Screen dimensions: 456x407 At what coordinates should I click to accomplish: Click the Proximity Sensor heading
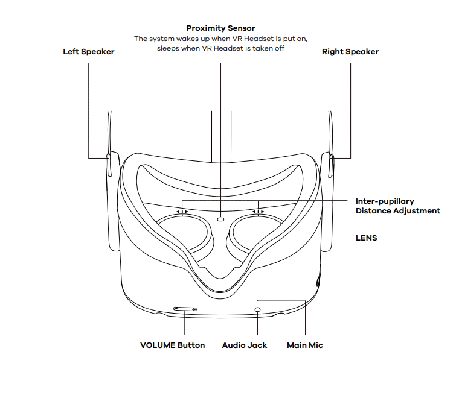click(x=220, y=28)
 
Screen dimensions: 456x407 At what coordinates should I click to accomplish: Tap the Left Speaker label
click(x=89, y=52)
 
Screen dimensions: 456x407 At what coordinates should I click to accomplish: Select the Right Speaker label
click(x=350, y=52)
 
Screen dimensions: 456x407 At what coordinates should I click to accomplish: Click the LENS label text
click(x=366, y=238)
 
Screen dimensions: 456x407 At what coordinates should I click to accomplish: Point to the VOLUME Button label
click(x=173, y=345)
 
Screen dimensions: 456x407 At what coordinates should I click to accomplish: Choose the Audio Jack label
click(x=244, y=345)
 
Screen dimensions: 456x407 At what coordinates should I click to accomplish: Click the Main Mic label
click(x=305, y=345)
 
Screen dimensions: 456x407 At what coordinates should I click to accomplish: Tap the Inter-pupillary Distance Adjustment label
click(x=398, y=206)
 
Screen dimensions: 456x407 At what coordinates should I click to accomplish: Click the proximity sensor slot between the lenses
click(x=220, y=219)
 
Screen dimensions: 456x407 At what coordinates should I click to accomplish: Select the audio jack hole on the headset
click(x=257, y=309)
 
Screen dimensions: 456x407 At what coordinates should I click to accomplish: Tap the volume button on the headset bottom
click(x=185, y=309)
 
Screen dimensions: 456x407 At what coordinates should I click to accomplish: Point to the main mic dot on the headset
click(x=257, y=300)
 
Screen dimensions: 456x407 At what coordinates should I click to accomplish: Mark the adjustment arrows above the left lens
click(x=182, y=212)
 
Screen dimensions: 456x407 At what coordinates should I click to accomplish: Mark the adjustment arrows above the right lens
click(x=259, y=212)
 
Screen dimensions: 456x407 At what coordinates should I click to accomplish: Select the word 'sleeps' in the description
click(x=168, y=48)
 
